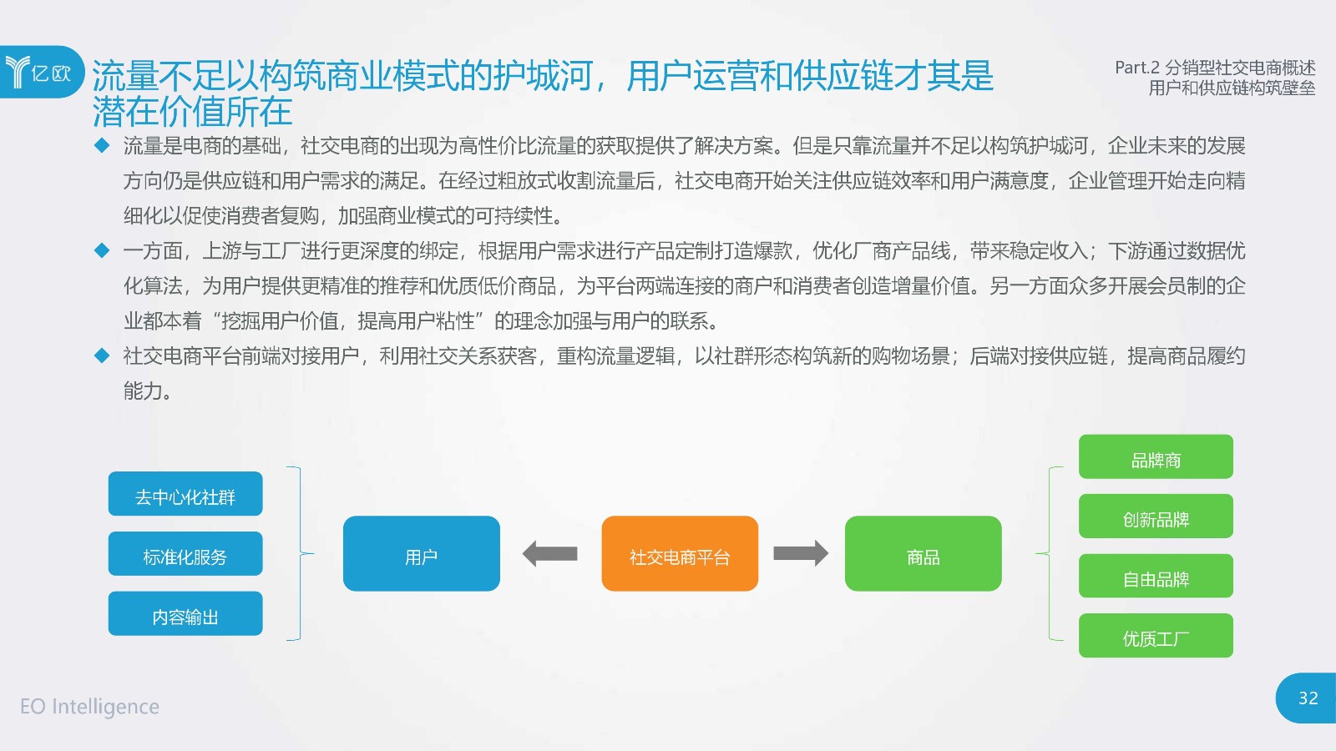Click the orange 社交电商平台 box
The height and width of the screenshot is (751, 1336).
[x=680, y=553]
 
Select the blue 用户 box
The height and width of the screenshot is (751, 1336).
[x=421, y=553]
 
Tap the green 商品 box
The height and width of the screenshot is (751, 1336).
[x=924, y=553]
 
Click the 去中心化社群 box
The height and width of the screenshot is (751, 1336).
[x=185, y=493]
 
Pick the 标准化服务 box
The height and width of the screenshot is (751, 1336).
[x=185, y=554]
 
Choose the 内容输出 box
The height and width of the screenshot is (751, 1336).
[x=185, y=613]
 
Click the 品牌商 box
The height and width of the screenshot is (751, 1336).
[x=1156, y=456]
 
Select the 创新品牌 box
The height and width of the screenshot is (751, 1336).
[x=1156, y=517]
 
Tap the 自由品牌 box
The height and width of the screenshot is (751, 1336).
[x=1156, y=576]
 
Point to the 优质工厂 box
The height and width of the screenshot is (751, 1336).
[x=1156, y=635]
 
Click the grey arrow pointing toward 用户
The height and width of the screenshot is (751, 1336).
[x=550, y=554]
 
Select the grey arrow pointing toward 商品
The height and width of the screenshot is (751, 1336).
[x=801, y=554]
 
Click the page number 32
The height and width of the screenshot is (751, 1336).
[x=1308, y=698]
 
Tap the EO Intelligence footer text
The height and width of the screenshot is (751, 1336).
[x=89, y=706]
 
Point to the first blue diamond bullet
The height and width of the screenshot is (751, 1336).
[x=102, y=145]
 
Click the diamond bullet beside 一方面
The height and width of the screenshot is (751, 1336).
[x=102, y=250]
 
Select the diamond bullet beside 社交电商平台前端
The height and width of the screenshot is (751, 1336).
[x=102, y=355]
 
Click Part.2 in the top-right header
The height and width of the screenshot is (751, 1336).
[x=1137, y=68]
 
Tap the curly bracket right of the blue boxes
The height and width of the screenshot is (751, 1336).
[x=301, y=554]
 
